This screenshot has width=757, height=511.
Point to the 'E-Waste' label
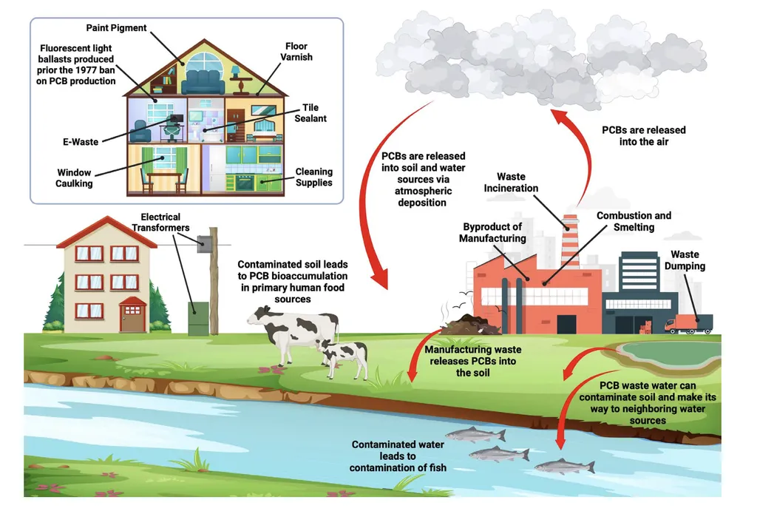pos(80,141)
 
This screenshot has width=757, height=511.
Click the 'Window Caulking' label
pos(75,177)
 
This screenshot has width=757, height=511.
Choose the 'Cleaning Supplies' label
pos(313,177)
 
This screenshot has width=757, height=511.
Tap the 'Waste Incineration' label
pos(511,183)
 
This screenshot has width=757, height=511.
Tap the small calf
pos(345,356)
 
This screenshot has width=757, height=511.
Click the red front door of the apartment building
pos(132,317)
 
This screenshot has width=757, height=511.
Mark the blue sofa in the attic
pos(203,81)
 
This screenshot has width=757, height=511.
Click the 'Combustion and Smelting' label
pos(634,221)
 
